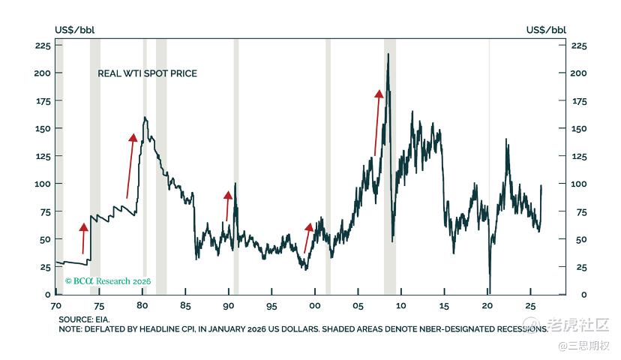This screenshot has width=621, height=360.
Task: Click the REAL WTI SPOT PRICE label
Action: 147,73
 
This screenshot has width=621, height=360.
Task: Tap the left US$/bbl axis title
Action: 75,30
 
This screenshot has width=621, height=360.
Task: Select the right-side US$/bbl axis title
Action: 546,30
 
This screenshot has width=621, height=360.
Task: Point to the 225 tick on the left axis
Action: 43,46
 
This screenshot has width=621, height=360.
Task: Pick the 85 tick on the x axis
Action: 186,307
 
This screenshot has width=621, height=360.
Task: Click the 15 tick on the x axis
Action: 444,307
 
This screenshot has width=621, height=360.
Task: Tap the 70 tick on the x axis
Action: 55,307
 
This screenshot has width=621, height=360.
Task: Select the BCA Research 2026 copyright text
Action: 108,280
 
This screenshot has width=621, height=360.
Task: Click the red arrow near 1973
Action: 83,238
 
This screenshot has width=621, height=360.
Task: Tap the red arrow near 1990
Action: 228,205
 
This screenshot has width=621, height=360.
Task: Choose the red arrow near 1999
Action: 307,237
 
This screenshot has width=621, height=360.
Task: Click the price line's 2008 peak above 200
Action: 388,54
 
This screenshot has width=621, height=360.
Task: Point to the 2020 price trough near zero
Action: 489,291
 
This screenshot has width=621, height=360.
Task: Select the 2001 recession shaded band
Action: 328,165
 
